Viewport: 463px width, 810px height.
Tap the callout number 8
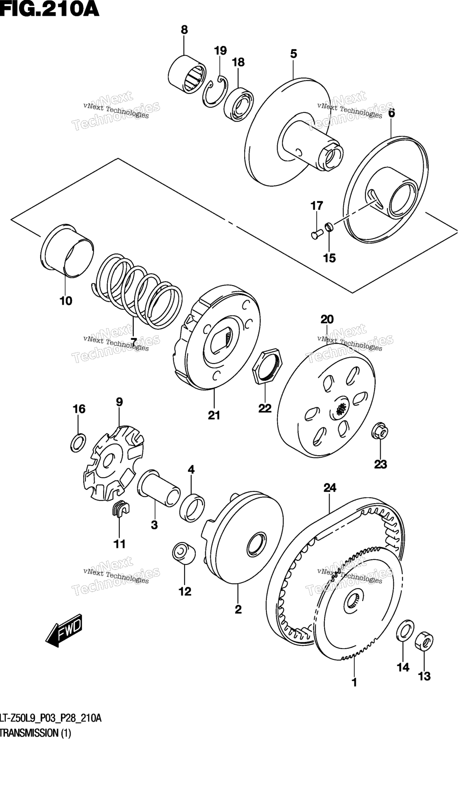point(184,30)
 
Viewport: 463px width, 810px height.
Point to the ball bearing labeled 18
point(239,104)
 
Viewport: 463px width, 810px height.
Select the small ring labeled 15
point(329,227)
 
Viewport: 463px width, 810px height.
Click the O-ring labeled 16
point(78,443)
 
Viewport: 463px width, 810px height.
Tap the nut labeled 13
point(424,642)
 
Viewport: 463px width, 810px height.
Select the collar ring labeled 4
point(192,508)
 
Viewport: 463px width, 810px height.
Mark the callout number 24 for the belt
point(330,488)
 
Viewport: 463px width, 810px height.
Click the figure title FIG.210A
point(50,9)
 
